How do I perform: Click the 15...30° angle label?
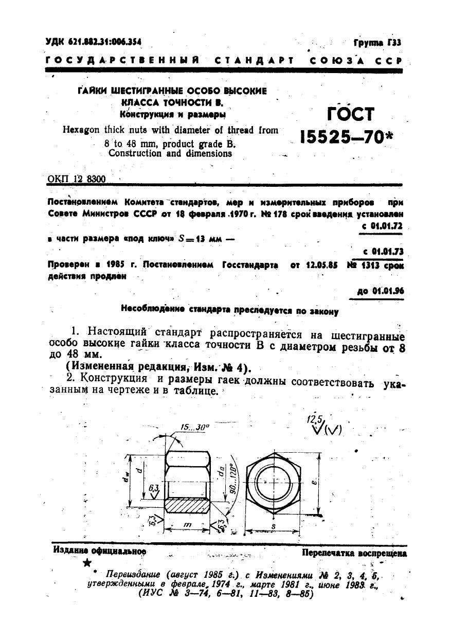pyautogui.click(x=195, y=427)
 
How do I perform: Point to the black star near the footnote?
pyautogui.click(x=86, y=563)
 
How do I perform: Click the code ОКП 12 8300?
pyautogui.click(x=76, y=179)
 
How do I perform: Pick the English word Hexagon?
pyautogui.click(x=81, y=131)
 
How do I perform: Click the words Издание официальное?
pyautogui.click(x=100, y=551)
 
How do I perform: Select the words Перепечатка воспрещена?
pyautogui.click(x=354, y=554)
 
